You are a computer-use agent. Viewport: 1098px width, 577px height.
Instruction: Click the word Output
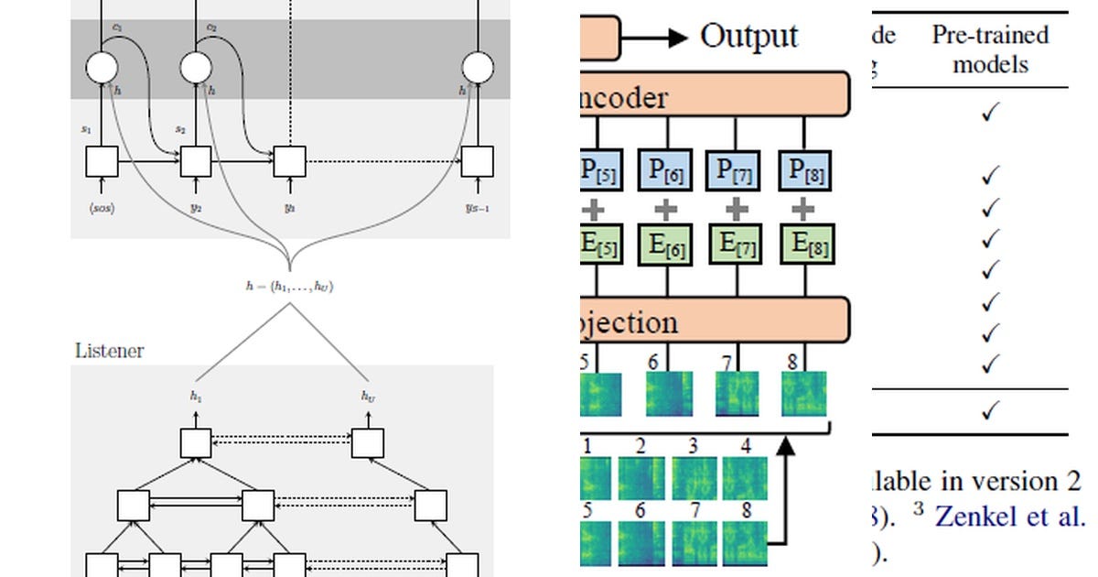pyautogui.click(x=748, y=37)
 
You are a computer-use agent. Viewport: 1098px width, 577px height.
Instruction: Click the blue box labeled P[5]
pyautogui.click(x=601, y=169)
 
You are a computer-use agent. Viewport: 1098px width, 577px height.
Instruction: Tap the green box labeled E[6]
pyautogui.click(x=667, y=245)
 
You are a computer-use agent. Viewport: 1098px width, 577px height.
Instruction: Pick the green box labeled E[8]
pyautogui.click(x=804, y=245)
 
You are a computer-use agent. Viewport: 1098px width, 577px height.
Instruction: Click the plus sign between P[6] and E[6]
pyautogui.click(x=667, y=209)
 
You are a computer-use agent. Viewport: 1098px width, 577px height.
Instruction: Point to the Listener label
pyautogui.click(x=109, y=351)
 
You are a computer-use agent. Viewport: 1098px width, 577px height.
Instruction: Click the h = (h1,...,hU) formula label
pyautogui.click(x=289, y=287)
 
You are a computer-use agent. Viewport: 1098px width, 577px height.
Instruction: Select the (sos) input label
pyautogui.click(x=102, y=208)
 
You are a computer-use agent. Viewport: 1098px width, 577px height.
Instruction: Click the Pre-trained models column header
pyautogui.click(x=989, y=49)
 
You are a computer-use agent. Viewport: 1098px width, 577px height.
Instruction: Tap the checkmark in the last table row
pyautogui.click(x=989, y=411)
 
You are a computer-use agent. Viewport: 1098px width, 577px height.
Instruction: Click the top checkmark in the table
pyautogui.click(x=989, y=113)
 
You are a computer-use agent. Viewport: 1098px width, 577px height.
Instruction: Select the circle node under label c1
pyautogui.click(x=102, y=68)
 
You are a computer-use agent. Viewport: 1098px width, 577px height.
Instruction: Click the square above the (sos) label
pyautogui.click(x=102, y=161)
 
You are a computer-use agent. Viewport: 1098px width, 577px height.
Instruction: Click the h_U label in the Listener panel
pyautogui.click(x=367, y=397)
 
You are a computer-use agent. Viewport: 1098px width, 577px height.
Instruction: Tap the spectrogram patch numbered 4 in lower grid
pyautogui.click(x=745, y=477)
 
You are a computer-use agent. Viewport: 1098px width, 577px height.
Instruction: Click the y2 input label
pyautogui.click(x=196, y=208)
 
